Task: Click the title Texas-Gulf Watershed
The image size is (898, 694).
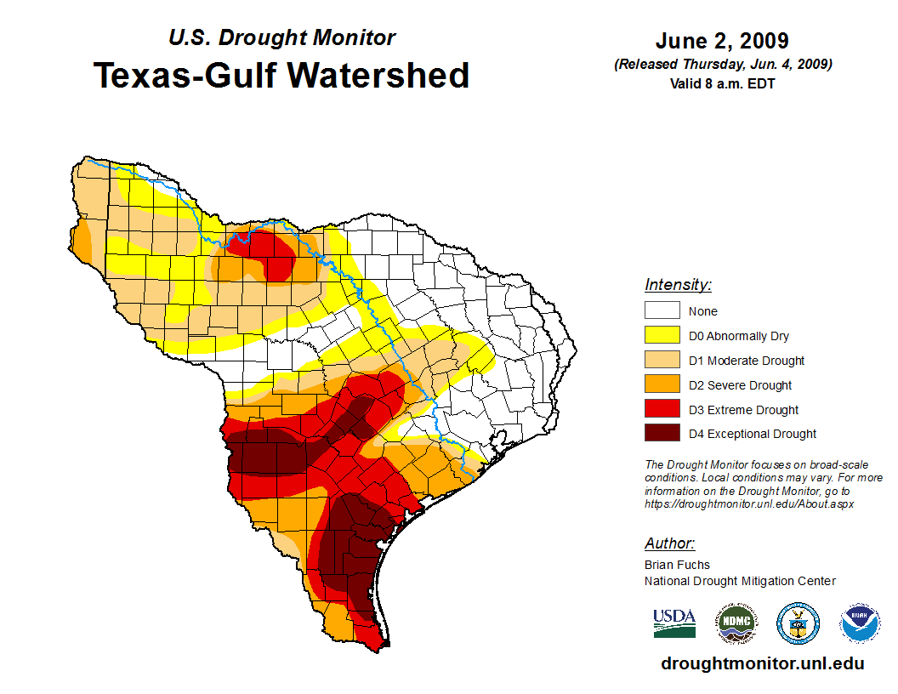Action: point(281,76)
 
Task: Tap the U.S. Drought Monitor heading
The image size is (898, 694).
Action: point(281,38)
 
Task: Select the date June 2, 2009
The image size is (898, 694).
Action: point(722,41)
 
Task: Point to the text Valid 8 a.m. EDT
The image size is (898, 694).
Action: point(722,83)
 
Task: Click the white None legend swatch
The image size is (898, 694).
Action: point(662,311)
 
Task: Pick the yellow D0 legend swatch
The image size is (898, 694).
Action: point(662,336)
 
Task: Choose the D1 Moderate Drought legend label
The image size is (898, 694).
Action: point(747,361)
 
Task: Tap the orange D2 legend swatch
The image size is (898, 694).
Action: point(662,385)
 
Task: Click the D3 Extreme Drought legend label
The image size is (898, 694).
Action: point(743,410)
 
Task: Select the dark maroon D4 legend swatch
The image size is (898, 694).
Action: point(662,434)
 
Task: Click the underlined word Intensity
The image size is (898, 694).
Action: point(678,285)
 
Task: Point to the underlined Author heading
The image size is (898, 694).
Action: point(669,543)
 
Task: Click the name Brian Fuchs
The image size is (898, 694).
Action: point(677,565)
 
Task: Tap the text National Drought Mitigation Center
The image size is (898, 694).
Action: point(740,581)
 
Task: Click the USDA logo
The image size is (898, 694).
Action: point(674,623)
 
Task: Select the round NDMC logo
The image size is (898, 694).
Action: point(736,623)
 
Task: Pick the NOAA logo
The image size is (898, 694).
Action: point(860,623)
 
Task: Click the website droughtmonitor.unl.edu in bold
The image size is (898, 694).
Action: point(763,663)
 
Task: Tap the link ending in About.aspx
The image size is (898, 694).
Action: point(749,503)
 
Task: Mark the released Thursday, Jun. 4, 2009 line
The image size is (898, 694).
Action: point(722,65)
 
